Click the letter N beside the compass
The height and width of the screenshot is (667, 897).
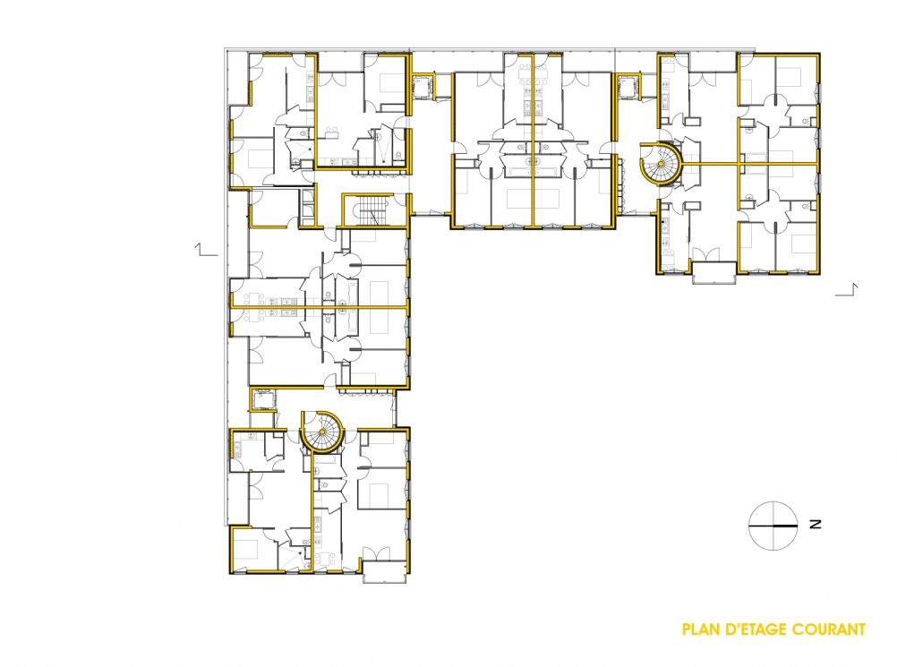(816, 524)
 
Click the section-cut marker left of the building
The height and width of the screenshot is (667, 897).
(207, 250)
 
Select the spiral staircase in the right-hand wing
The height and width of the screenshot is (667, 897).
(661, 164)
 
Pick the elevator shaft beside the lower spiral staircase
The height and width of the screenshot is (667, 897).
(263, 399)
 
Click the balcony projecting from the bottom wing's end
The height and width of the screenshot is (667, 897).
(384, 571)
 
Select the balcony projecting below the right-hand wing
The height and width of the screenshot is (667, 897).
(713, 272)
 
